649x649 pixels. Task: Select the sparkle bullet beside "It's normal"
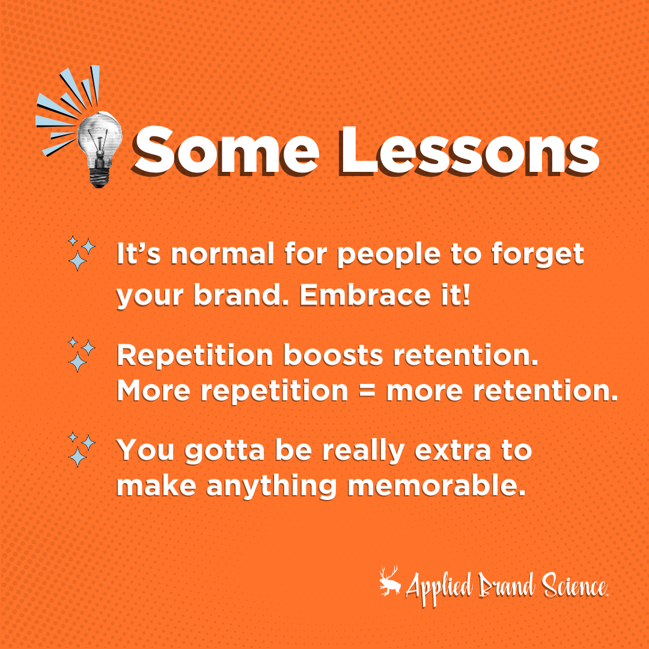82,253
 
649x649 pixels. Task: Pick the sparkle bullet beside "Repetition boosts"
82,354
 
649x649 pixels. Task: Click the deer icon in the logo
391,583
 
